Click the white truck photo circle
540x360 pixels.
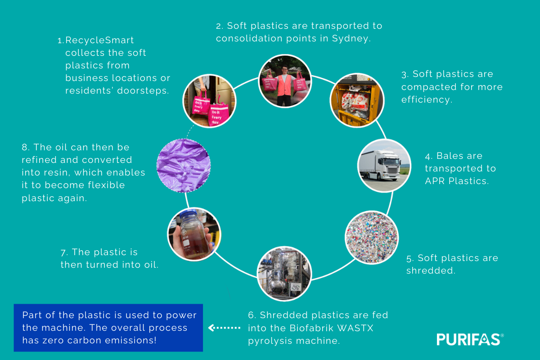pos(384,166)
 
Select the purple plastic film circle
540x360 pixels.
pos(183,165)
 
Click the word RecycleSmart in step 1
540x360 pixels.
pos(99,40)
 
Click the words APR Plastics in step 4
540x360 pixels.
pos(457,181)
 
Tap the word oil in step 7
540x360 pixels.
pos(149,265)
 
